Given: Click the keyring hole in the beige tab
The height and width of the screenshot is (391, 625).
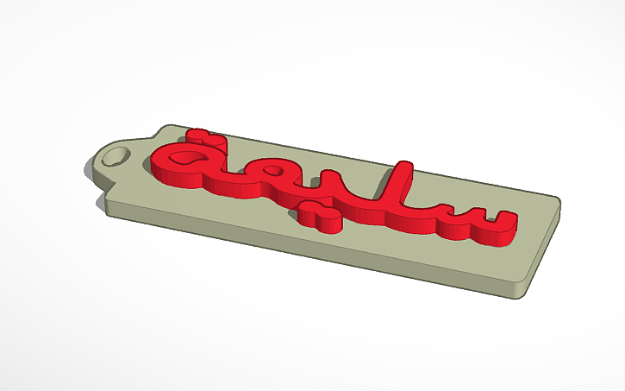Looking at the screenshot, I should [118, 155].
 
